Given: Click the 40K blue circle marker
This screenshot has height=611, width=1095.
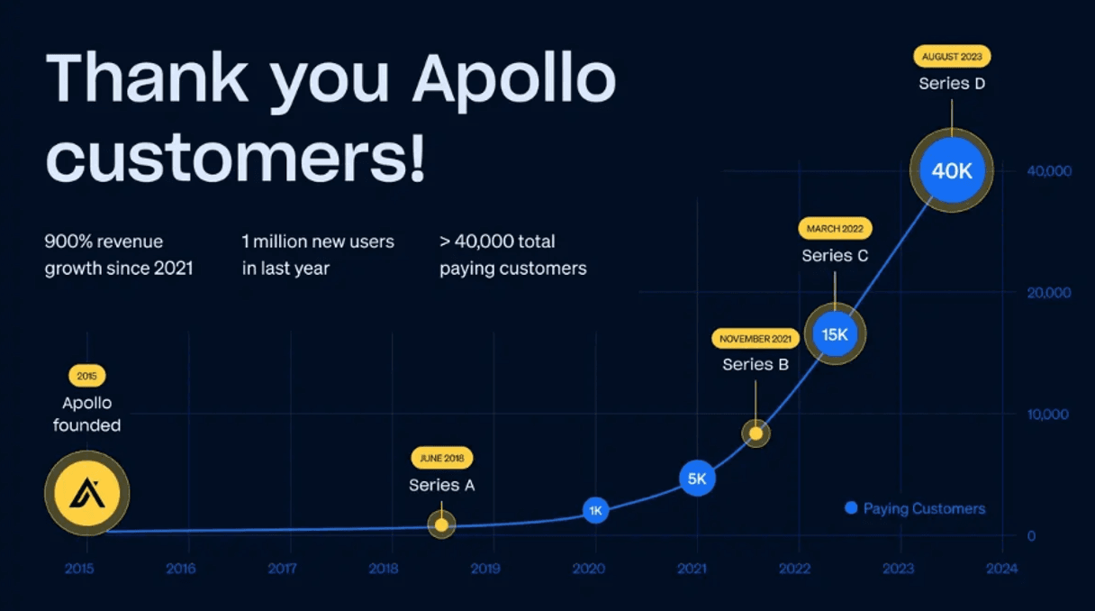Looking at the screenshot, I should coord(952,170).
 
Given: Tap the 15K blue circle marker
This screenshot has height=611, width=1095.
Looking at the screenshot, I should coord(835,334).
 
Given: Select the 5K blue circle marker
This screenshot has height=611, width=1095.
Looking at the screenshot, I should coord(697,479).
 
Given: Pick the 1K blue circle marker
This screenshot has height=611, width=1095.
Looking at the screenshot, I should coord(595,510).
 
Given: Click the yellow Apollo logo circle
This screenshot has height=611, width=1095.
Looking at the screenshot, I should coord(87,493).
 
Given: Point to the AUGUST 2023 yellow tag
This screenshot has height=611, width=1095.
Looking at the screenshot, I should coord(952,56).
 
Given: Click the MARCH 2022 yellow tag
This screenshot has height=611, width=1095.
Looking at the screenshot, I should coord(835,229).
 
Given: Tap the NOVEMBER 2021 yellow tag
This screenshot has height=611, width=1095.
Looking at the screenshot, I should coord(756,339).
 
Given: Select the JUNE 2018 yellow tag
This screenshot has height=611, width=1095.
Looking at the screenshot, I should coord(441,458).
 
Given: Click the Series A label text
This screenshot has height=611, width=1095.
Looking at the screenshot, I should coord(441,486).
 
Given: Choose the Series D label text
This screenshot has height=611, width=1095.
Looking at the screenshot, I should coord(952,83).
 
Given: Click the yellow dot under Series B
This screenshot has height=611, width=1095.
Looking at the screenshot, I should coord(756,433).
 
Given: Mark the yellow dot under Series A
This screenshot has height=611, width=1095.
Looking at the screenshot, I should coord(441,524).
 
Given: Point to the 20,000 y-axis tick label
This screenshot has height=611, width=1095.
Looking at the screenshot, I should coord(1048,293).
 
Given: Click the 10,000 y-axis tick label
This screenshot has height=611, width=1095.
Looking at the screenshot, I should coord(1048,415).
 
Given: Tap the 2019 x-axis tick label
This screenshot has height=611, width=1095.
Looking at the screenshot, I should coord(485,569).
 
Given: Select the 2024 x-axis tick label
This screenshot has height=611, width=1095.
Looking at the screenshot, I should coord(1001,569).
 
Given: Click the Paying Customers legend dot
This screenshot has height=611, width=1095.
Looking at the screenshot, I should coord(851,508).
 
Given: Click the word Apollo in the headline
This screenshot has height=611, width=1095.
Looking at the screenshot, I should coord(513,79).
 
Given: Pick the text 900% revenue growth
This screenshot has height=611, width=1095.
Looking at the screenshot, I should coord(104,242).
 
